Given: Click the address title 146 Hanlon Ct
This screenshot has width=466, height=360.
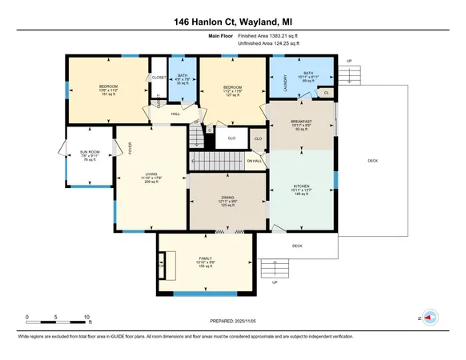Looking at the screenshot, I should point(232,23).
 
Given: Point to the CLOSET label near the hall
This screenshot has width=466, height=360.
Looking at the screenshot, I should point(157,78).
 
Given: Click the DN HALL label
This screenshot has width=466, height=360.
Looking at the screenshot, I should point(254,162).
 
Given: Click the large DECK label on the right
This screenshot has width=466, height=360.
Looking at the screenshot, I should point(372,161).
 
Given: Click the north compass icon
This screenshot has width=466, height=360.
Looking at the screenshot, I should point(428,318).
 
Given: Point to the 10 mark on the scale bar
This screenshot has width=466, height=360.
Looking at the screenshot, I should point(86,318).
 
